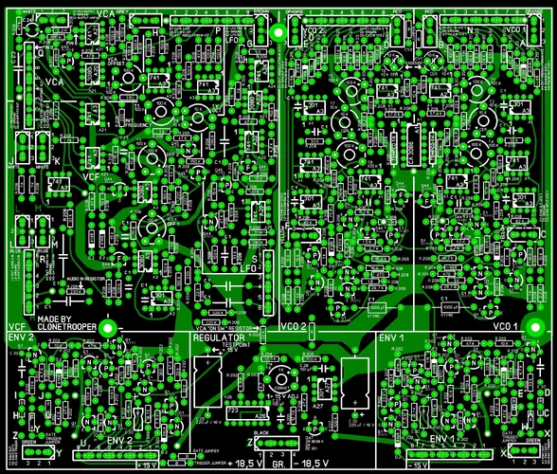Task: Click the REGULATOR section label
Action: click(x=219, y=337)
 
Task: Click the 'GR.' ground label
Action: click(x=279, y=464)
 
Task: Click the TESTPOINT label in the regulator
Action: click(x=237, y=347)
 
